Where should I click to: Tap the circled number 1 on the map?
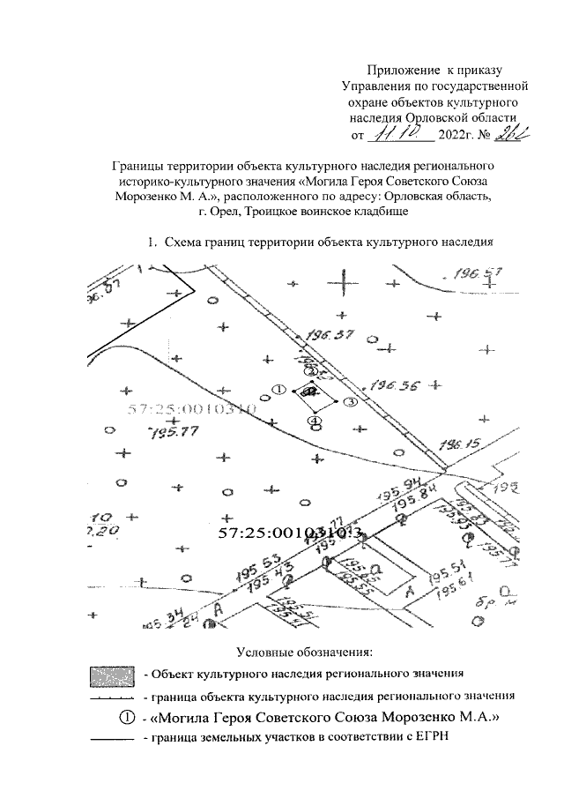pos(279,390)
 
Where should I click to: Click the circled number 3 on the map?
pos(349,402)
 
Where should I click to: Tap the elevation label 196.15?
pos(457,444)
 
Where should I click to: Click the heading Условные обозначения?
pos(305,653)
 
